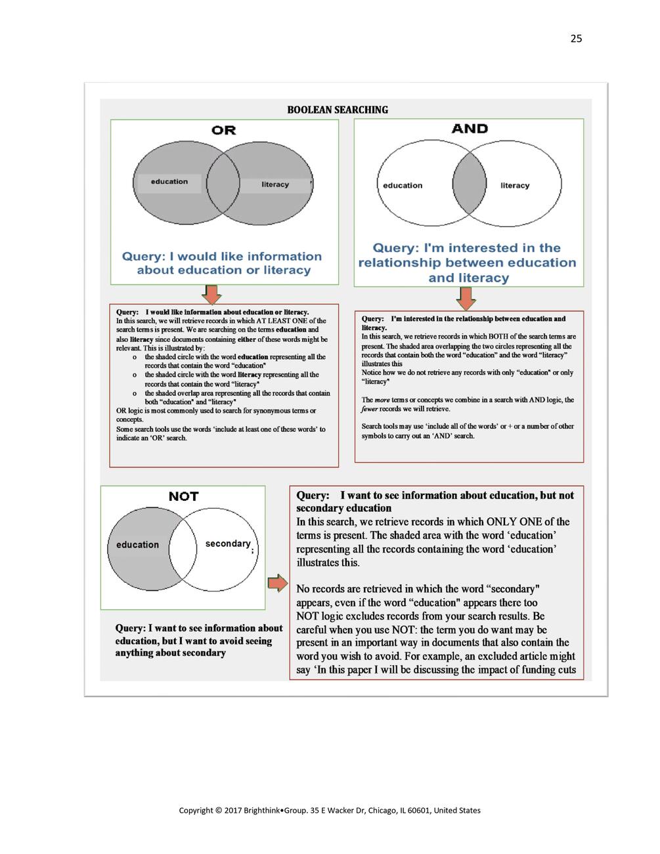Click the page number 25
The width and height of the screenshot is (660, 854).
pyautogui.click(x=576, y=39)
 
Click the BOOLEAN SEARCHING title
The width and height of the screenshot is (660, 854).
pyautogui.click(x=338, y=110)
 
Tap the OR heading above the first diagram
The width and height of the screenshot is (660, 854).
pyautogui.click(x=223, y=130)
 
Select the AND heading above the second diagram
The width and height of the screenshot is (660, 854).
pyautogui.click(x=470, y=129)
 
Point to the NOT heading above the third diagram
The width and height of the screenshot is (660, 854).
pyautogui.click(x=183, y=496)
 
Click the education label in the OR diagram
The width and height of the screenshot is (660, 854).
pyautogui.click(x=169, y=182)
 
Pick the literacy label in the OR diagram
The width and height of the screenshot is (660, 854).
pyautogui.click(x=275, y=184)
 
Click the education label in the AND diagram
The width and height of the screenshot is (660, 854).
pyautogui.click(x=403, y=186)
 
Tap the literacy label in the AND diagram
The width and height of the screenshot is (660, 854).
pyautogui.click(x=514, y=186)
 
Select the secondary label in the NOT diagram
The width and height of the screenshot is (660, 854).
pyautogui.click(x=227, y=544)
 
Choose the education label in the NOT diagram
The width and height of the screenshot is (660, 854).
pyautogui.click(x=137, y=545)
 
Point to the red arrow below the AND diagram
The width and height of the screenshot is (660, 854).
pyautogui.click(x=466, y=299)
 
